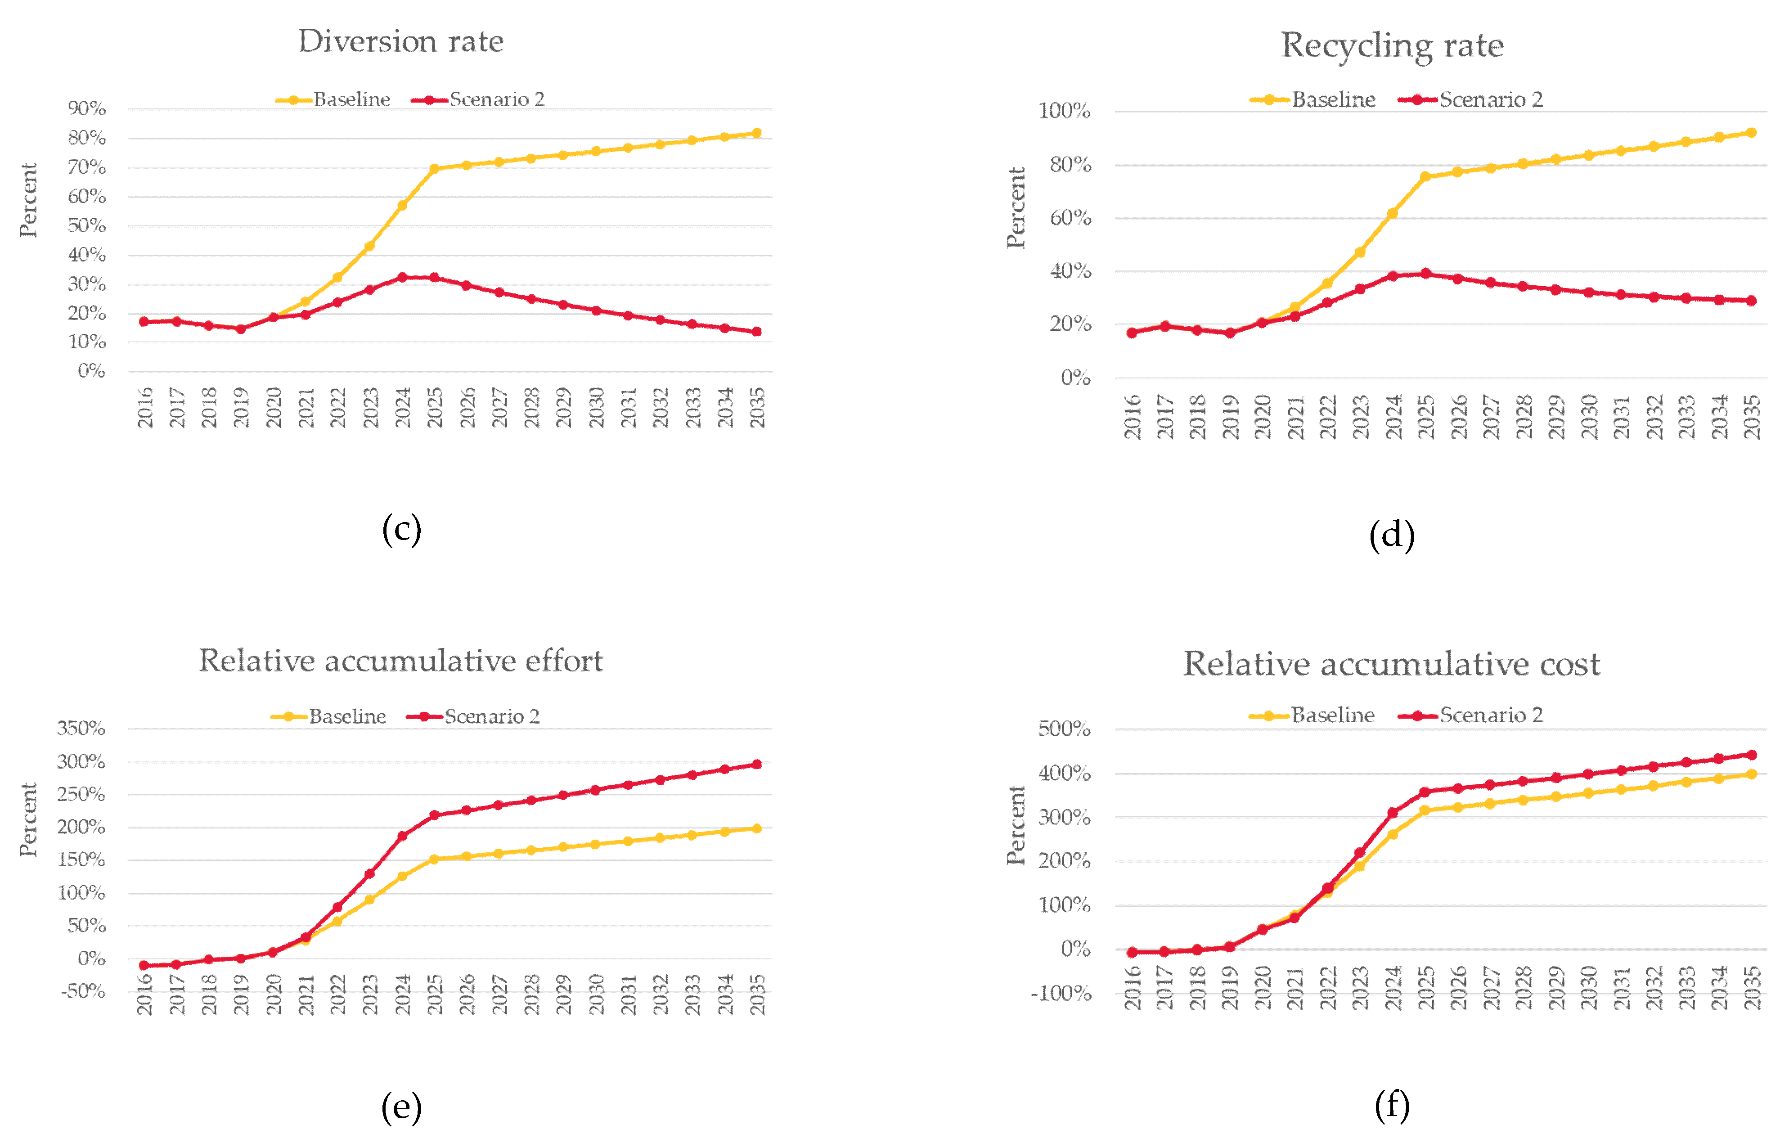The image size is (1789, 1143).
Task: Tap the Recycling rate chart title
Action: tap(1392, 46)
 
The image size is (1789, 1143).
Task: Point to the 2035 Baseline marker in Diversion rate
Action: tap(756, 133)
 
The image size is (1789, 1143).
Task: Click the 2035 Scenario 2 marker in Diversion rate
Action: tap(756, 332)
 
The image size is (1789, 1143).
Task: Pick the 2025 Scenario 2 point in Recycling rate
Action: tap(1425, 274)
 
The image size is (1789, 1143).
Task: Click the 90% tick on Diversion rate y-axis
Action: tap(87, 109)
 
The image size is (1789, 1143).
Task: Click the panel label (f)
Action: tap(1392, 1105)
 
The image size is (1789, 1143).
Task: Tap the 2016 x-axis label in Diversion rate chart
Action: tap(145, 407)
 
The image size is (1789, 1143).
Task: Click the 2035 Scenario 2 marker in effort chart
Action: tap(756, 764)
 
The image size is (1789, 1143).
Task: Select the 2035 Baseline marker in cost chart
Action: tap(1751, 774)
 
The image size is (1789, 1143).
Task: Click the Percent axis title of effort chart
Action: tap(28, 820)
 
